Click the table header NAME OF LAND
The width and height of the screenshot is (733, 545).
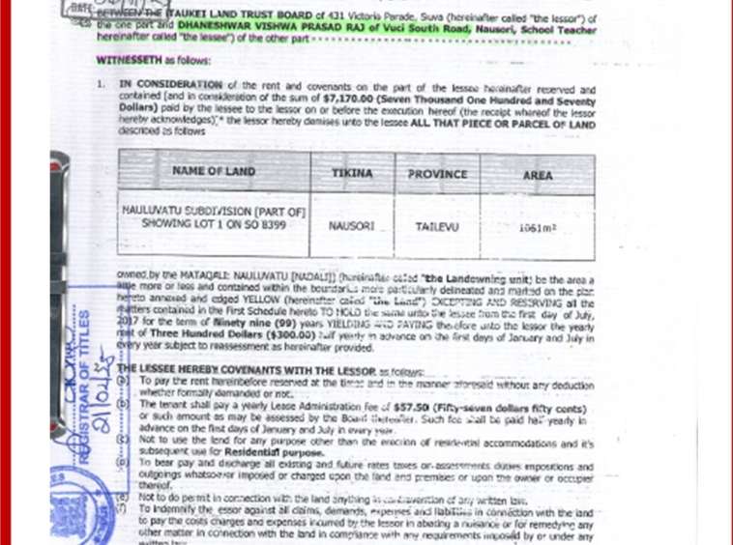click(x=214, y=172)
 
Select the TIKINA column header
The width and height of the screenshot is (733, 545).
click(x=352, y=174)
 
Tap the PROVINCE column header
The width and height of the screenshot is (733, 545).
click(x=437, y=175)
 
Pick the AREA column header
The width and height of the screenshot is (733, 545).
click(x=538, y=176)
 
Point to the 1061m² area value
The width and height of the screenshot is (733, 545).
click(x=538, y=228)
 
